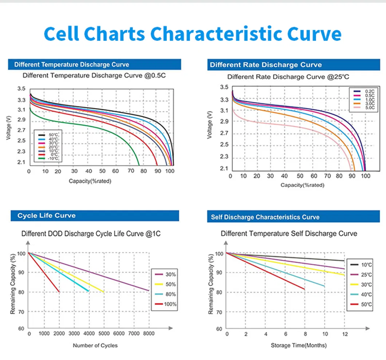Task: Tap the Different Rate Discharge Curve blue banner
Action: click(266, 65)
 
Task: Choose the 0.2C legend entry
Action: click(359, 91)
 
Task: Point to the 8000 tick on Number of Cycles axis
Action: click(149, 334)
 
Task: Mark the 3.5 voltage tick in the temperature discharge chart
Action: click(21, 89)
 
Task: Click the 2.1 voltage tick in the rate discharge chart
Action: click(224, 169)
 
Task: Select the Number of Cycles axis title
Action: click(95, 345)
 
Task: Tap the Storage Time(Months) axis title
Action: click(299, 345)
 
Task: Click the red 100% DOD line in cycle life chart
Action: click(44, 272)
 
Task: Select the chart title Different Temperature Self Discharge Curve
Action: click(289, 233)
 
